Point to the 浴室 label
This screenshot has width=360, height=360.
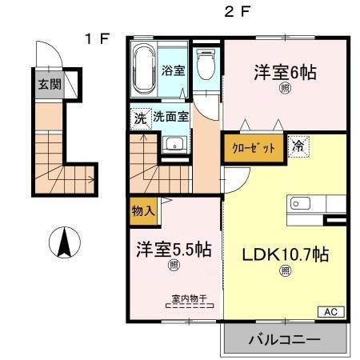coord(174,70)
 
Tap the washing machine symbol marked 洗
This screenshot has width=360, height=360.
coord(140,117)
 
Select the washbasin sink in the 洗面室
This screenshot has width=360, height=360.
coord(175,145)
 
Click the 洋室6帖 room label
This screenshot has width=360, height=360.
coord(285,72)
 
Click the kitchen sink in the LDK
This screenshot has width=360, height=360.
coord(301,203)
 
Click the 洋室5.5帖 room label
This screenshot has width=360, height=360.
coord(172,250)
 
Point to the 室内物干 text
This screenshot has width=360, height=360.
coord(189,299)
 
